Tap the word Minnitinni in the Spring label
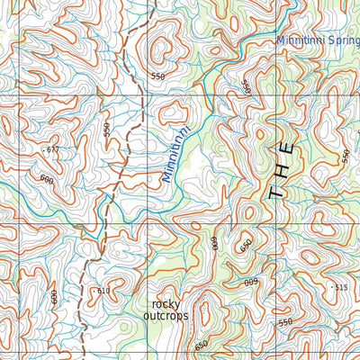coord(301,40)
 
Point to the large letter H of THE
coord(282,169)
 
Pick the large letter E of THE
coord(285,147)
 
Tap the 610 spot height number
coord(103,291)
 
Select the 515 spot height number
coord(339,287)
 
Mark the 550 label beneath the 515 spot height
coord(286,322)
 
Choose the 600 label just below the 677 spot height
coord(47,178)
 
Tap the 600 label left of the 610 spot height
coord(55,296)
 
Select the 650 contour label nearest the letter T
coord(245,245)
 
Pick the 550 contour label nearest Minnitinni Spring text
coord(244,87)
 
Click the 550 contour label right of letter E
coord(346,155)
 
